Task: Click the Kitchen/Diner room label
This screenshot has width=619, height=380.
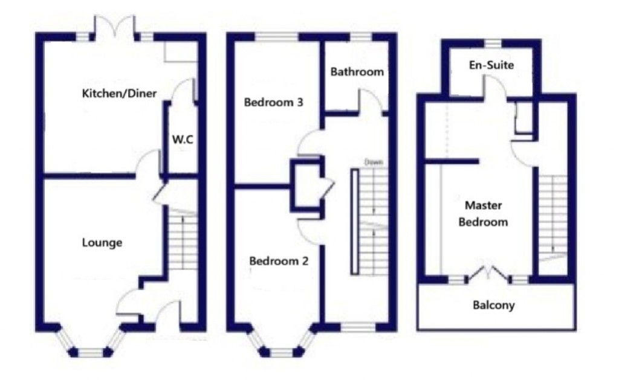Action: [x=120, y=93]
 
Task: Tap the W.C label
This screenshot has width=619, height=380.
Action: [x=182, y=140]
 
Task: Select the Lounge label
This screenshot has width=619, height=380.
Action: [x=102, y=243]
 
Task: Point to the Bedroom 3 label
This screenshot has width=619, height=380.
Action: [x=273, y=102]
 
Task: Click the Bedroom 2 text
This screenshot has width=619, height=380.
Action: [x=279, y=262]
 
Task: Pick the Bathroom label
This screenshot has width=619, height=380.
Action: [x=357, y=72]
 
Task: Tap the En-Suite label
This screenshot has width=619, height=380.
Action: [x=491, y=65]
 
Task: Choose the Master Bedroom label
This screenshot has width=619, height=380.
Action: [x=483, y=213]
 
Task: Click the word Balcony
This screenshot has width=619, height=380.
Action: [x=494, y=305]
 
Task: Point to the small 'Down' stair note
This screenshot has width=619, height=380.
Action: [x=374, y=163]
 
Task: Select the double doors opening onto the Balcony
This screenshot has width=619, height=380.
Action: [x=488, y=272]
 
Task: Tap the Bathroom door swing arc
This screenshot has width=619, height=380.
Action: [x=370, y=100]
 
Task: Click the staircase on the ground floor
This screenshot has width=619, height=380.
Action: [x=181, y=242]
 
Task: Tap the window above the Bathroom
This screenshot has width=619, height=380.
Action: [x=361, y=37]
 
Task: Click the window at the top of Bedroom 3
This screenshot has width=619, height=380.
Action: [x=277, y=37]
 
